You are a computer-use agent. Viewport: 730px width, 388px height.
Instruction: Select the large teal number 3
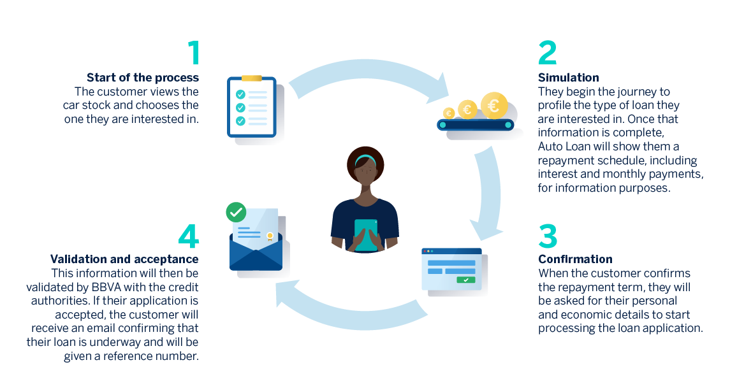click(548, 235)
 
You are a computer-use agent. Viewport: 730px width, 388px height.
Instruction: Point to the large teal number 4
click(189, 236)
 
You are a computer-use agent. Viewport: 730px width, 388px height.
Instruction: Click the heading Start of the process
click(143, 78)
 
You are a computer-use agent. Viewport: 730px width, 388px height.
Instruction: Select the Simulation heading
click(568, 78)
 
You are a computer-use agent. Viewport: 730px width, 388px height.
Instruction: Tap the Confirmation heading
click(575, 259)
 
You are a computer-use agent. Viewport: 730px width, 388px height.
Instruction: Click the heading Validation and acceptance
click(124, 259)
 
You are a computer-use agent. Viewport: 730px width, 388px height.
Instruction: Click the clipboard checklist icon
click(252, 107)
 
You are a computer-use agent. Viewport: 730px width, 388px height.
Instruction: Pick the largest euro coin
click(494, 105)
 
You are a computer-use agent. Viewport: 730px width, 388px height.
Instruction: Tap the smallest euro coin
click(449, 113)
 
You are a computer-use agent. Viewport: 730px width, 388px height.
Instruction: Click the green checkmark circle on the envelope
click(236, 212)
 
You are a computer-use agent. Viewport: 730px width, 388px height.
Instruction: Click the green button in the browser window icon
click(466, 280)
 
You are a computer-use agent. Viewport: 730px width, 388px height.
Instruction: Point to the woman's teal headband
click(365, 159)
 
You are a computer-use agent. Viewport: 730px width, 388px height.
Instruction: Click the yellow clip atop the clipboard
click(251, 78)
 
